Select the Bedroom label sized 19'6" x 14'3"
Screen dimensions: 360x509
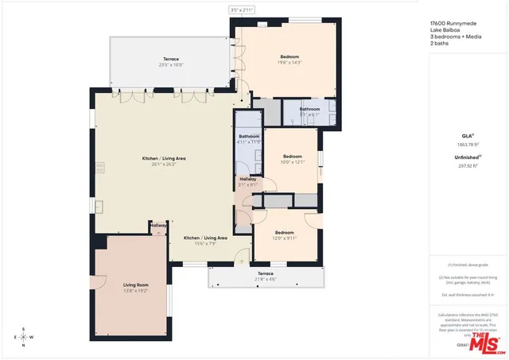(x=289, y=56)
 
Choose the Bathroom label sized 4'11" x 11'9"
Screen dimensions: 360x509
(x=249, y=137)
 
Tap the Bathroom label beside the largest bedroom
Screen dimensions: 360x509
(x=309, y=109)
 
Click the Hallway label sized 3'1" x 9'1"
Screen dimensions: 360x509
(x=247, y=180)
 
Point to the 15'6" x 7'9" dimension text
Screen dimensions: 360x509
(x=205, y=244)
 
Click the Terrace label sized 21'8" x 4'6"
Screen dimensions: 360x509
(x=265, y=273)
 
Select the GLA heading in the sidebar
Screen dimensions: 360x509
(x=468, y=137)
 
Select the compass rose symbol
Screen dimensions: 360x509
(x=23, y=337)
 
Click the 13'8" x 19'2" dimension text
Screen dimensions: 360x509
(x=135, y=291)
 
